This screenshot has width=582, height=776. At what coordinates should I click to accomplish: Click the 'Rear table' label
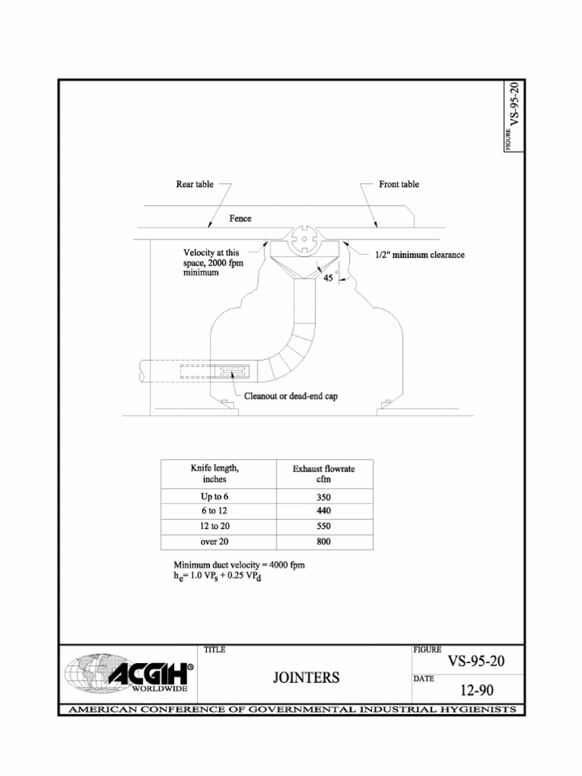coord(195,185)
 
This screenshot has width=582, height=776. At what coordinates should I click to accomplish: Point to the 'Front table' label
coord(399,185)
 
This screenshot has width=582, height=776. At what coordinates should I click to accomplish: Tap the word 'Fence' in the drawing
coord(240,218)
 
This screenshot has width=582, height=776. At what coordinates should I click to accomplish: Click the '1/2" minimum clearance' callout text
coord(420,255)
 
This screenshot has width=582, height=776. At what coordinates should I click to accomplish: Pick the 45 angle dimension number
coord(328,278)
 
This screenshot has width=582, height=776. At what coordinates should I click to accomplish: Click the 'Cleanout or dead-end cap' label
coord(291,396)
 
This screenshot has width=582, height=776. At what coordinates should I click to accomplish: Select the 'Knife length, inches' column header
coord(215,474)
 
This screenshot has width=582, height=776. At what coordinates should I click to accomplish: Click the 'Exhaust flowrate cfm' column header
coord(324,474)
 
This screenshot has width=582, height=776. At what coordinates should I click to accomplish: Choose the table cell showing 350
coord(324,498)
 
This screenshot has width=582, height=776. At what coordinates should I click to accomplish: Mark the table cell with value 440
coord(324,512)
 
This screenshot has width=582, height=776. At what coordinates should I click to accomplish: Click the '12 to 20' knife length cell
coord(215,526)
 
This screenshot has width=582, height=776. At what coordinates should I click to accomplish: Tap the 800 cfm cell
coord(324,542)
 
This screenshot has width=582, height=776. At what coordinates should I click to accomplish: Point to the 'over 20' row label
coord(215,542)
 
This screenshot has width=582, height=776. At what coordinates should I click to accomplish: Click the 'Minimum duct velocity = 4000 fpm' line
coord(239,565)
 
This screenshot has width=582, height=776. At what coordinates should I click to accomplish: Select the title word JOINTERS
coord(306,677)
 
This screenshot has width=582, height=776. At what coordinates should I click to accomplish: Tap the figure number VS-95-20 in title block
coord(476,661)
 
